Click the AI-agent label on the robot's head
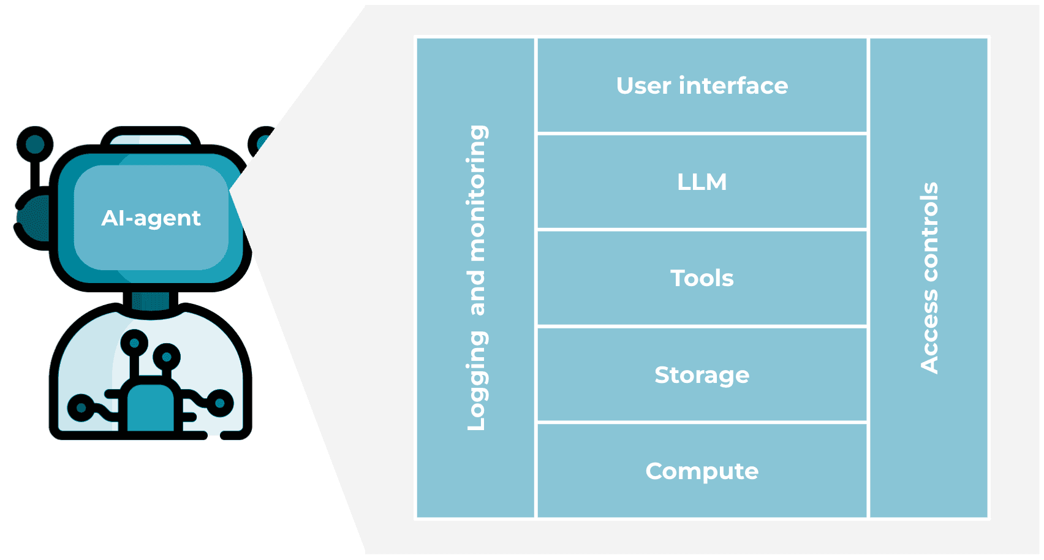coord(151,218)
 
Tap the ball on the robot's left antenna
coord(34,144)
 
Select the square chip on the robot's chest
coord(150,407)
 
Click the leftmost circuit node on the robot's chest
coord(80,407)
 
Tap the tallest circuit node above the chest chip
coord(134,342)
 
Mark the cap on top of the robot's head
coord(151,137)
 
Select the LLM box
coord(702,182)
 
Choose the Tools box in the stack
coord(702,278)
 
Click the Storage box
coord(702,375)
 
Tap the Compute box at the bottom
coord(702,471)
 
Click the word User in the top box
coord(643,86)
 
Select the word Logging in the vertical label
coord(477,380)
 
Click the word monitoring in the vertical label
coord(477,193)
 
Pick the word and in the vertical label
coord(477,293)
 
